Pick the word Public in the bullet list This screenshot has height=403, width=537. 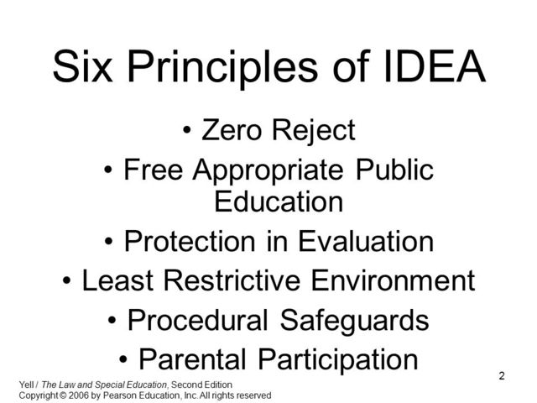(394, 170)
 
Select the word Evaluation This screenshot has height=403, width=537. (363, 242)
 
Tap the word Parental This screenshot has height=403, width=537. (195, 359)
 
